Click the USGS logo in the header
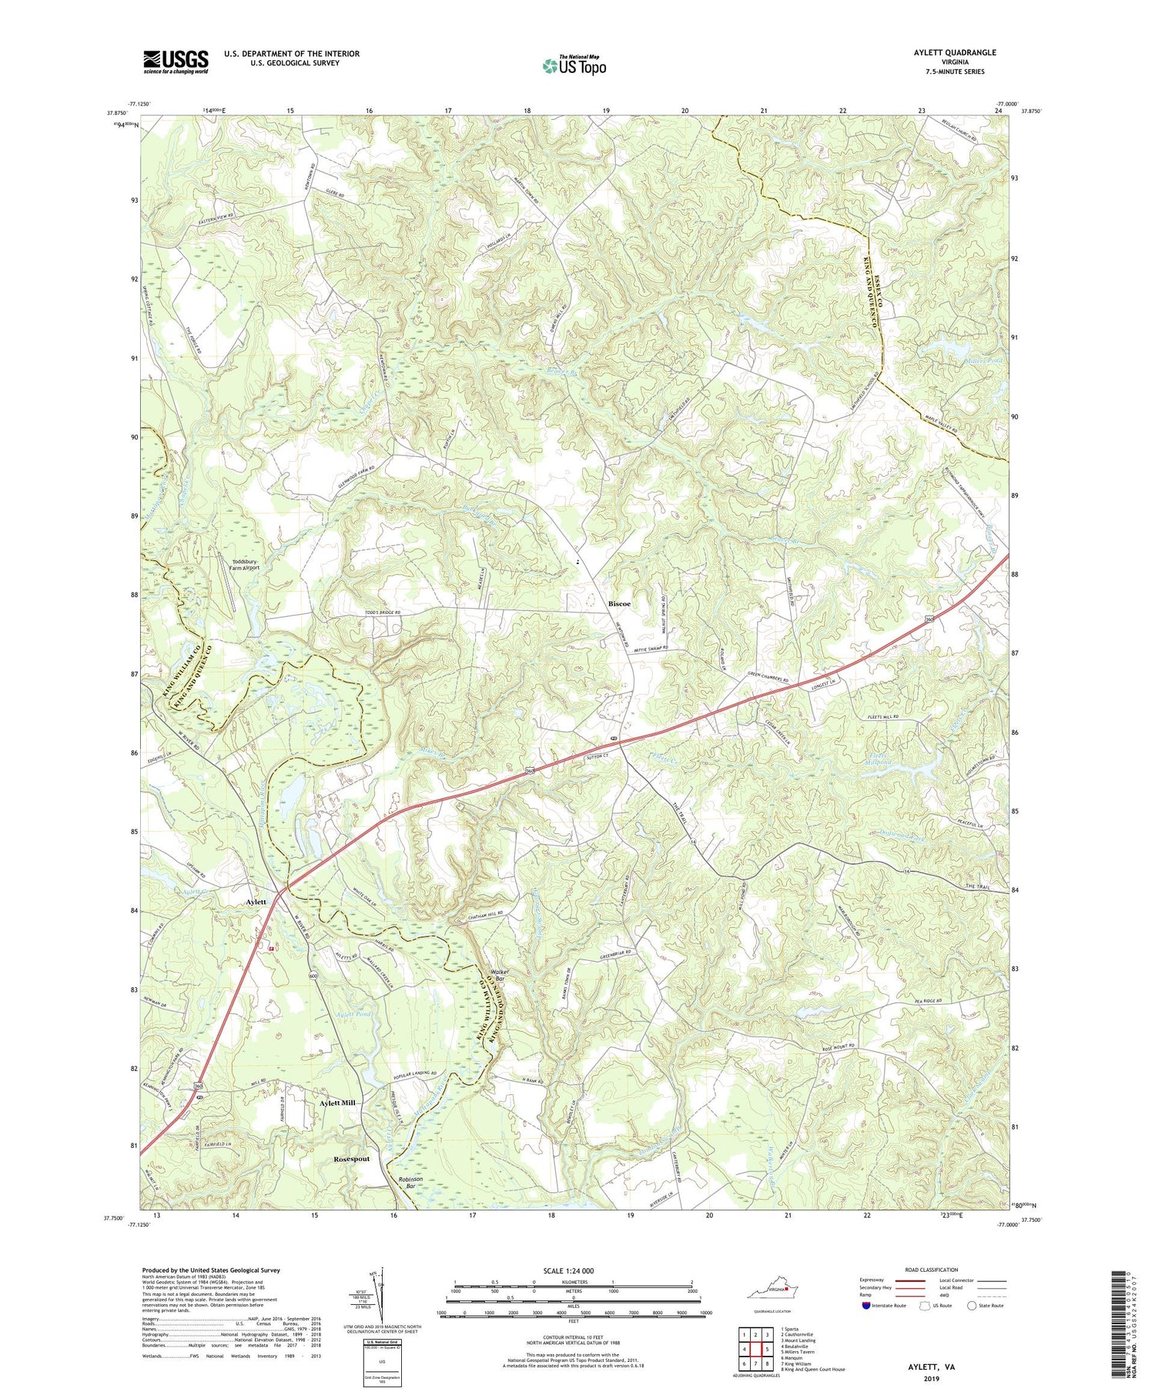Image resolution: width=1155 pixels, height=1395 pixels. [x=176, y=62]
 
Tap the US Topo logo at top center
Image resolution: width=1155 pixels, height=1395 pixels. [x=574, y=65]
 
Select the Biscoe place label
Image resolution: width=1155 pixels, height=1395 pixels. [x=620, y=604]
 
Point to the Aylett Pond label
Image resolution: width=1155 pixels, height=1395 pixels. [x=354, y=1015]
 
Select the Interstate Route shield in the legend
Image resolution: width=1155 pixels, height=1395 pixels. [x=867, y=1306]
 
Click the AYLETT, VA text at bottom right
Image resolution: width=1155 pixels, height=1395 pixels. [x=929, y=1367]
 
